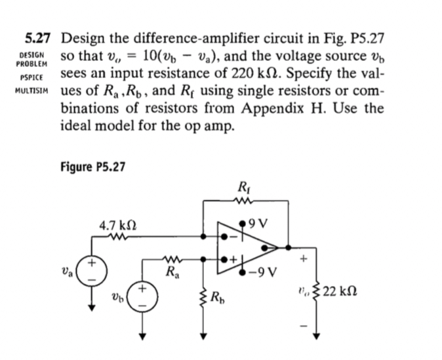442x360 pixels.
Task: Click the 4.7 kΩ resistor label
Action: tap(117, 226)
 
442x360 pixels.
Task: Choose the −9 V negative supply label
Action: tap(270, 270)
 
